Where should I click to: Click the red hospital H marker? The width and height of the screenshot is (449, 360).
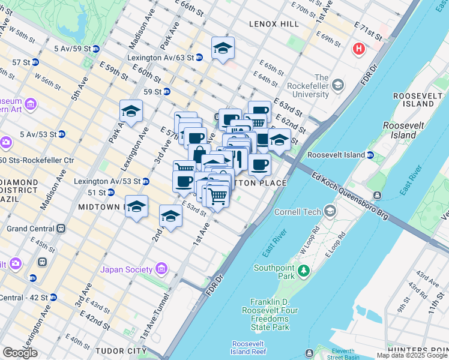click(360, 49)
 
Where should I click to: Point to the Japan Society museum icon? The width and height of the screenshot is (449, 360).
click(161, 269)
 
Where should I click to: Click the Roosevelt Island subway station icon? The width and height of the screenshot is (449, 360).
click(370, 155)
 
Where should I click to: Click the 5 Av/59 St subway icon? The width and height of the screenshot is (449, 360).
click(95, 48)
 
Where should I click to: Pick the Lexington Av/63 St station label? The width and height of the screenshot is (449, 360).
click(160, 58)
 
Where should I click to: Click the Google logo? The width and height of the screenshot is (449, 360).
click(20, 352)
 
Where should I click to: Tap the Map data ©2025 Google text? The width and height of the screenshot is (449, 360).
click(412, 355)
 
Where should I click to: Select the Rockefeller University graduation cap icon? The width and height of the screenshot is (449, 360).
click(337, 85)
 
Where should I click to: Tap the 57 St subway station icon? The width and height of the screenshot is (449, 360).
click(35, 62)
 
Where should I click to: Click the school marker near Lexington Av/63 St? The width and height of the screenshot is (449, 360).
click(223, 49)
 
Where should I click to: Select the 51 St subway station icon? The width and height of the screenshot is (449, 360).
click(110, 193)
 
